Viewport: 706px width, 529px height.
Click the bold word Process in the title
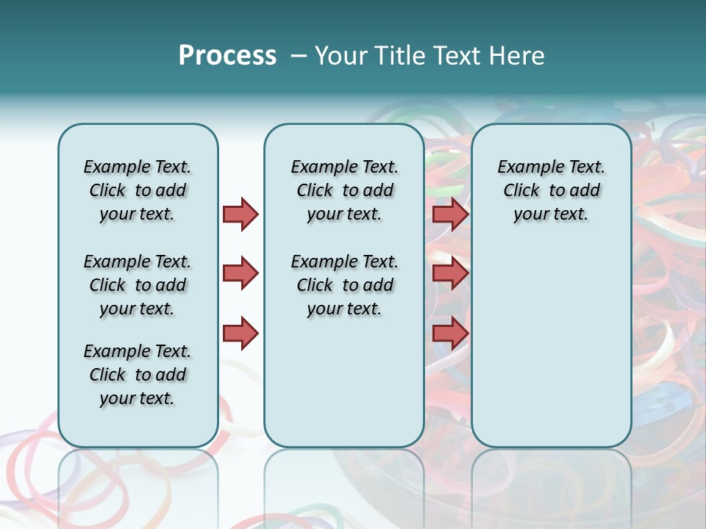[x=227, y=56]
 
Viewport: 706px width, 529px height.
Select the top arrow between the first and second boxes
[x=240, y=215]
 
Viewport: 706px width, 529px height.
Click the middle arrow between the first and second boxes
[x=240, y=273]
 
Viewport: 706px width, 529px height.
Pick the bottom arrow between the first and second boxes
[x=240, y=334]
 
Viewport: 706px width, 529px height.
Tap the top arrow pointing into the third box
[x=450, y=215]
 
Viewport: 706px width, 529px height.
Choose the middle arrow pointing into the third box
[x=450, y=273]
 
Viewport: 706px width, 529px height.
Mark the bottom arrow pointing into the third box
[x=450, y=334]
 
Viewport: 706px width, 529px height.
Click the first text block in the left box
[x=138, y=190]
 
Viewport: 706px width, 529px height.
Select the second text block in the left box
[x=138, y=285]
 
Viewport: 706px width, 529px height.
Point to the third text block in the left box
[x=138, y=375]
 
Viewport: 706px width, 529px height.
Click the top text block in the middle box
[x=344, y=190]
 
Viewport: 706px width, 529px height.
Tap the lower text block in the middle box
[x=344, y=285]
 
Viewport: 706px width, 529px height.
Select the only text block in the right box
[x=551, y=190]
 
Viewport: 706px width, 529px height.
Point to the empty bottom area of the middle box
[x=344, y=389]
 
